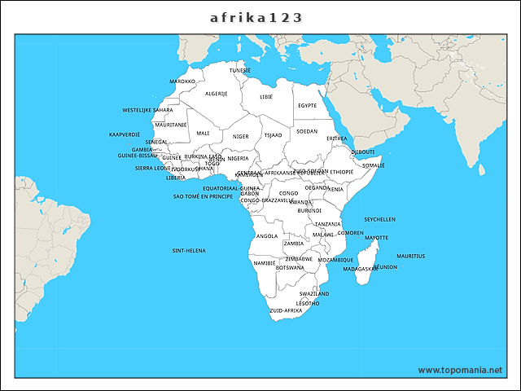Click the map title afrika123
point(260,16)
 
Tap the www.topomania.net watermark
point(460,370)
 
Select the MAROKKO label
point(182,81)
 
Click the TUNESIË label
point(240,70)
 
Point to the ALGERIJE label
point(217,94)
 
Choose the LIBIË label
point(266,96)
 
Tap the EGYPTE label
point(307,105)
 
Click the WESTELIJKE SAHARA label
point(147,109)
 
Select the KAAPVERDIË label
point(125,134)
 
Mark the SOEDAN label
point(307,130)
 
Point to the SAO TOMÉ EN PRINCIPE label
point(203,196)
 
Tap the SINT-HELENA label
point(189,250)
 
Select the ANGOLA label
point(267,236)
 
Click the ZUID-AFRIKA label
point(286,310)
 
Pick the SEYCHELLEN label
point(379,219)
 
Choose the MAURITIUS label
point(411,256)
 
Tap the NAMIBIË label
point(265,263)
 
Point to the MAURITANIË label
point(171,125)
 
